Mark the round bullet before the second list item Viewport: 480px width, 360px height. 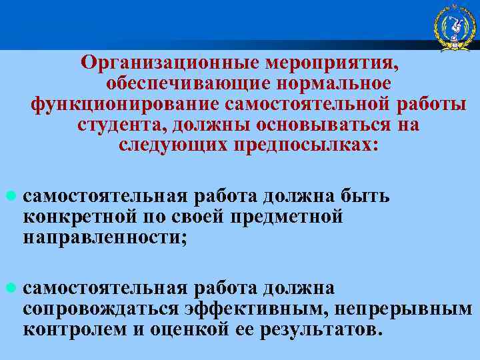pos(9,289)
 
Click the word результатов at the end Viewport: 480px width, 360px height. pos(319,330)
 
